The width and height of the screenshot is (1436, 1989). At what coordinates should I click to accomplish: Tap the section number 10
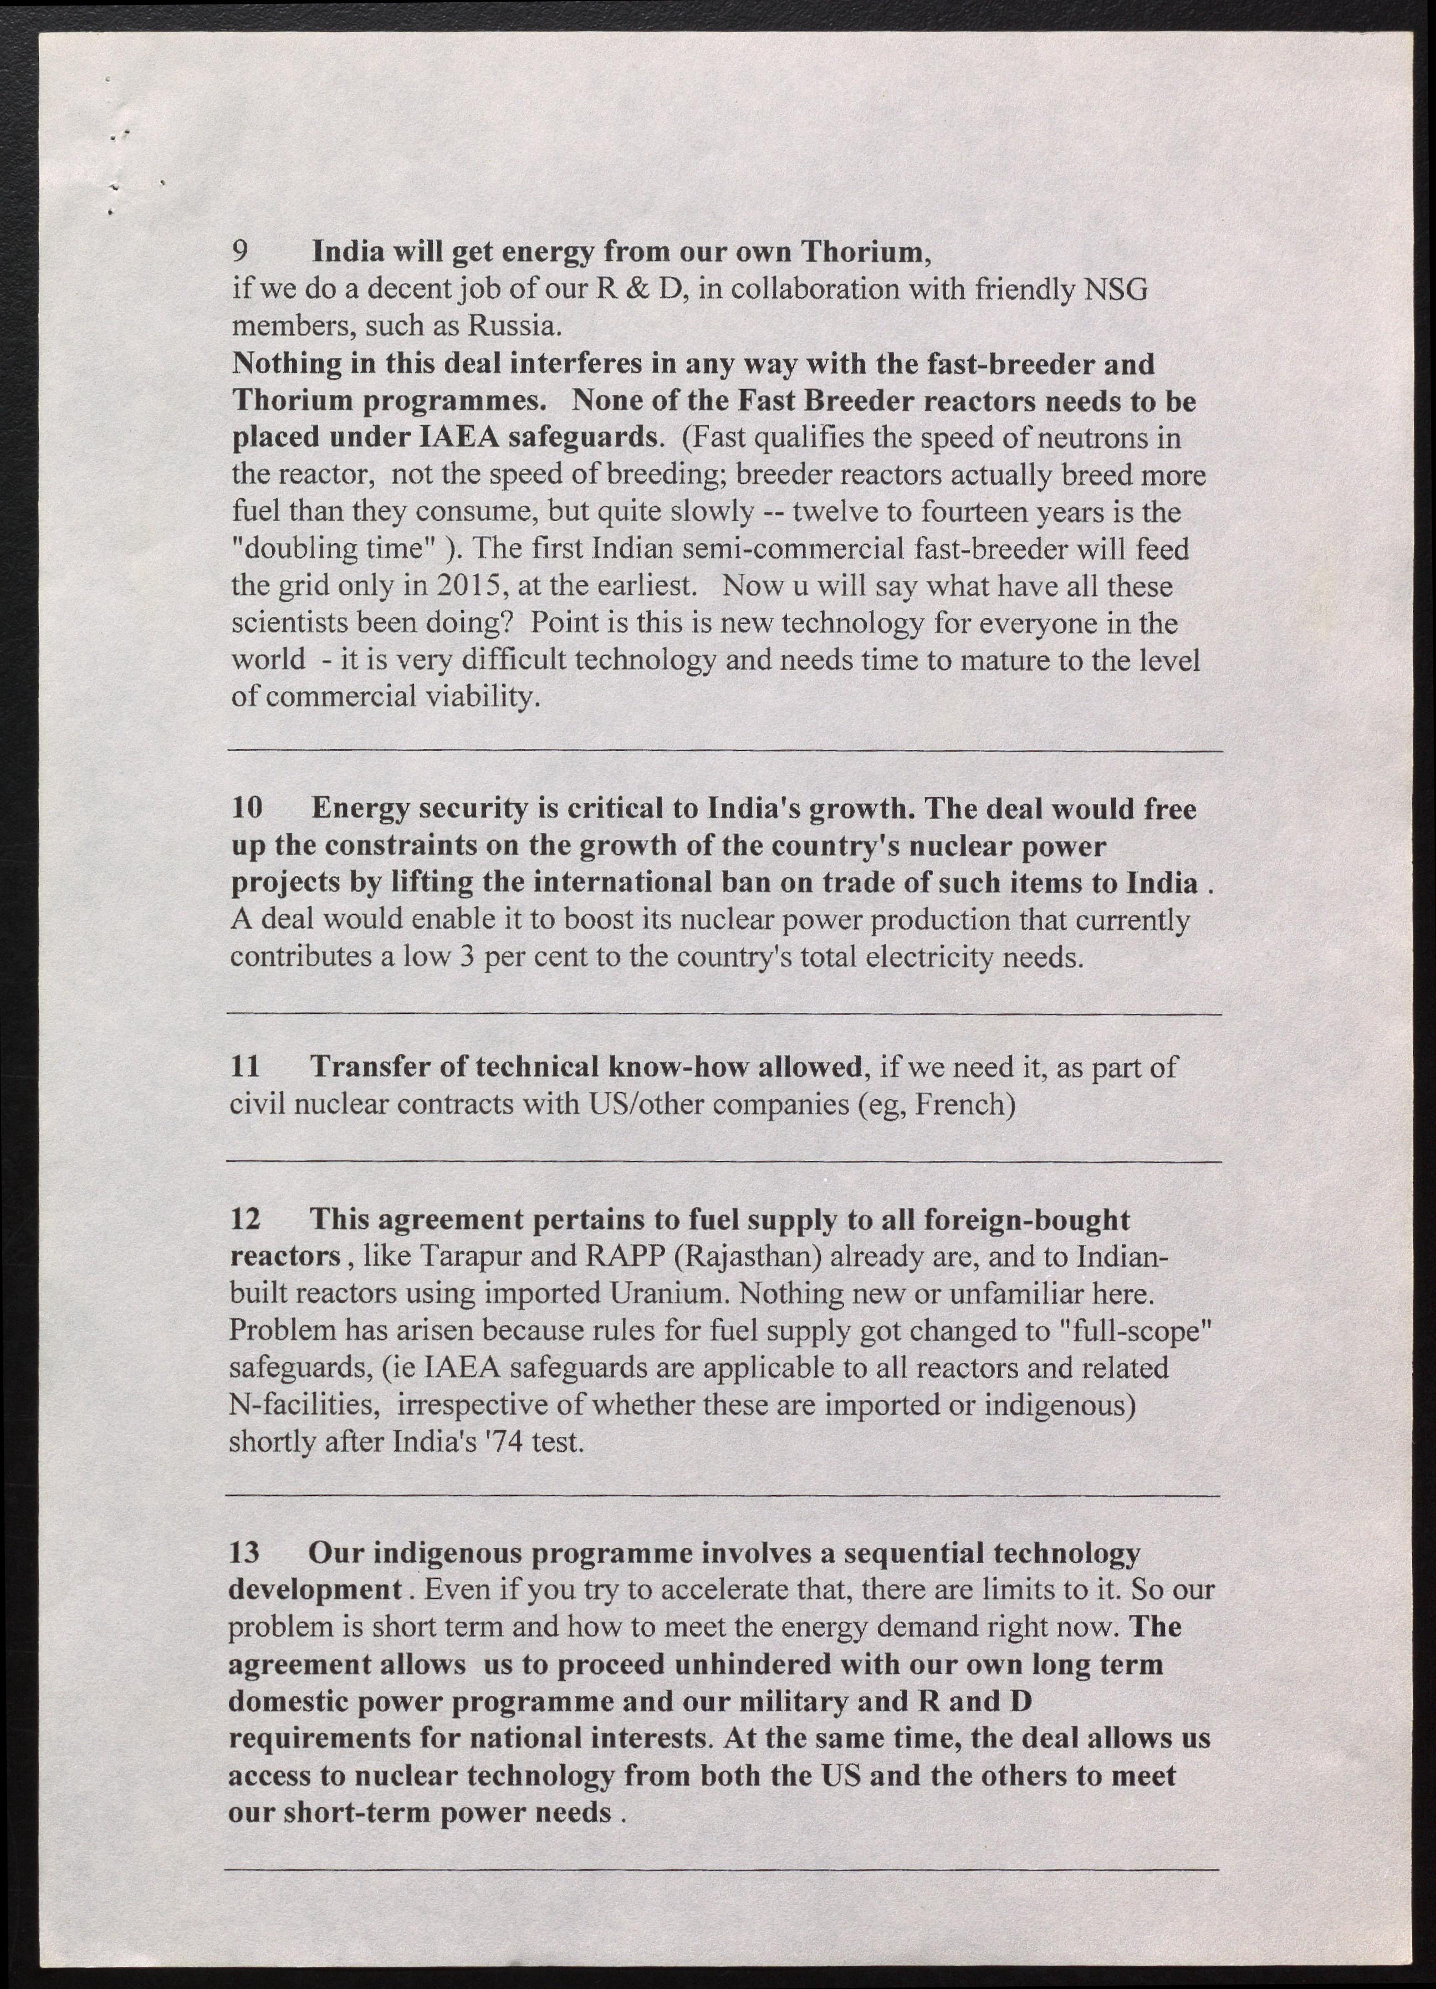click(x=247, y=809)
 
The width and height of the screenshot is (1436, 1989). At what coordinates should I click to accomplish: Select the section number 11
click(x=246, y=1067)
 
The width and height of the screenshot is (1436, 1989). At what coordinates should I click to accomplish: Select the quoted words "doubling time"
click(x=334, y=550)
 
